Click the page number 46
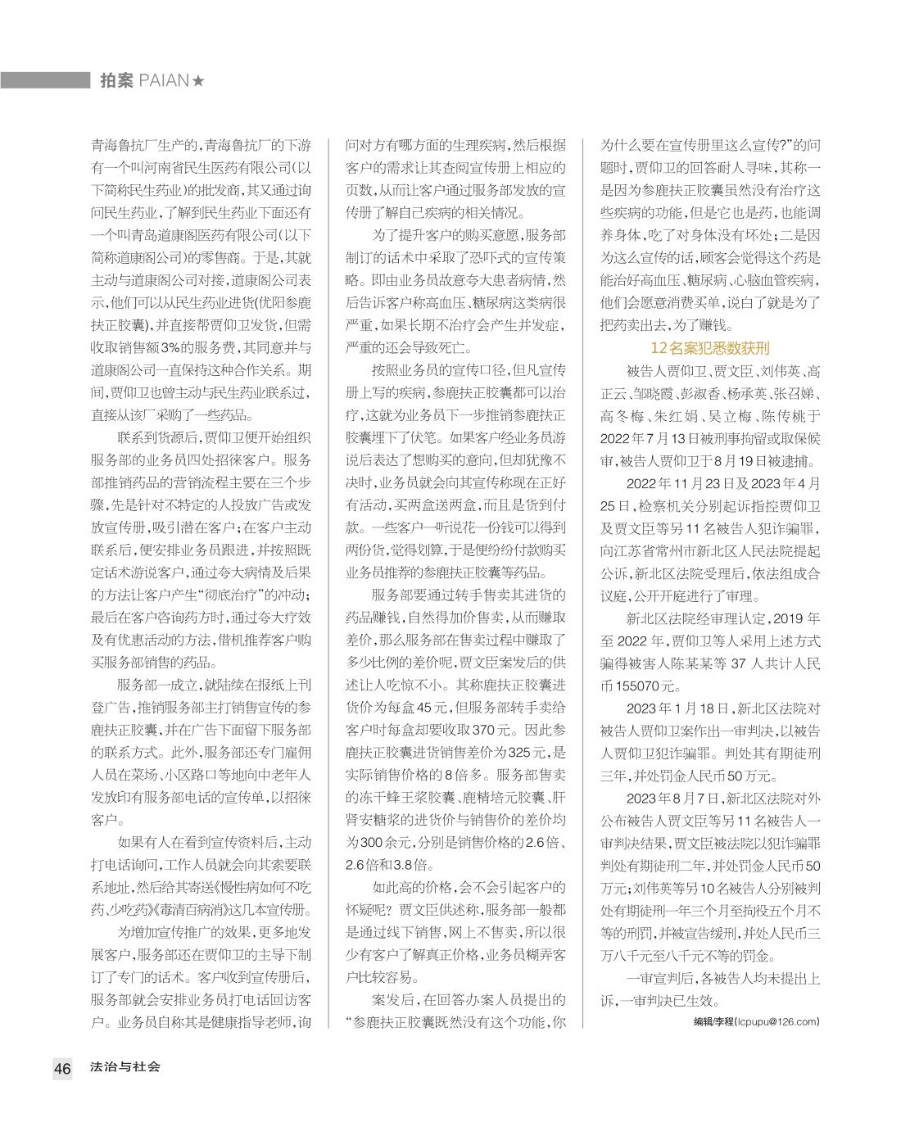63,1068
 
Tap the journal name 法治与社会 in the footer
126,1067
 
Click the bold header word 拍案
116,80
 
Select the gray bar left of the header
45,80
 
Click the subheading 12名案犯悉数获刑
710,347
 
